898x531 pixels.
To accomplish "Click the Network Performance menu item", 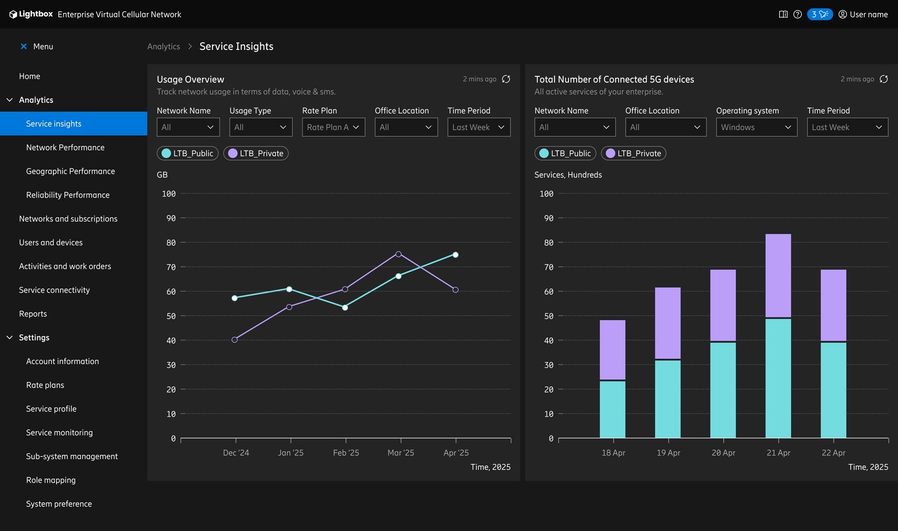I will tap(65, 147).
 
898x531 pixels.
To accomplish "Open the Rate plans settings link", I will tap(45, 385).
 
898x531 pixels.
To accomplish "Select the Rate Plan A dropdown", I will tap(333, 127).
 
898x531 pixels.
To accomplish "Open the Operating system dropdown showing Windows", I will tap(756, 127).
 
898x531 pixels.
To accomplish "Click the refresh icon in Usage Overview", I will tap(506, 79).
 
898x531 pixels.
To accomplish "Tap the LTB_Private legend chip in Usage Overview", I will tap(256, 153).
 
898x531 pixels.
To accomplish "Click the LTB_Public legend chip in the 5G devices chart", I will tap(565, 153).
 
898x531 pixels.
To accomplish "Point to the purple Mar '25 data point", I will tap(398, 254).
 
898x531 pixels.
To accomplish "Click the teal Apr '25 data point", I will tap(455, 255).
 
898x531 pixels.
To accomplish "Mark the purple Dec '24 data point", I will tap(234, 340).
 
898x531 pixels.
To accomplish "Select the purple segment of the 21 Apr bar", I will tap(778, 275).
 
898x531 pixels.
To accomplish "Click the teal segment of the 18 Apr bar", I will tap(612, 409).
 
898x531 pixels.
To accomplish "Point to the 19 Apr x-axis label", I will tap(668, 453).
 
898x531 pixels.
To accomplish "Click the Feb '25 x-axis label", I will tap(346, 453).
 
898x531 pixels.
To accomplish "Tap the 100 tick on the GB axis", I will tap(169, 194).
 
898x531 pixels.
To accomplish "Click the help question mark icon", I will tap(797, 14).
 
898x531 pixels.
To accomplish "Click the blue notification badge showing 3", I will tap(819, 14).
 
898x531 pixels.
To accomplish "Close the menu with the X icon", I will tap(24, 46).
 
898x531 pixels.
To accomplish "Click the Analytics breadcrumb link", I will tap(163, 46).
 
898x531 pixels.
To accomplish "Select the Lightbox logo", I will tap(31, 14).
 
